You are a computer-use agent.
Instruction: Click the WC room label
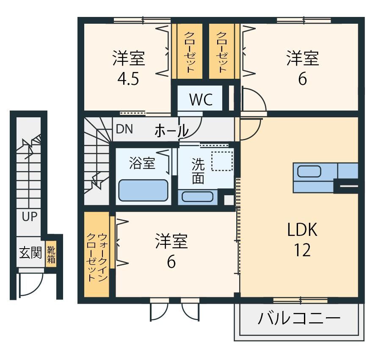(201, 100)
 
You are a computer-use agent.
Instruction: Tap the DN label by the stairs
(124, 129)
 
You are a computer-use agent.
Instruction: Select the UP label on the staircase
(30, 216)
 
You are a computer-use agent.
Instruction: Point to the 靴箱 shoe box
(51, 255)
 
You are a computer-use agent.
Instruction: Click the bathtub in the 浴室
(143, 190)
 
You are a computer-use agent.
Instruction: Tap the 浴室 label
(142, 163)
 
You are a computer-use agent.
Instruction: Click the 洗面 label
(198, 171)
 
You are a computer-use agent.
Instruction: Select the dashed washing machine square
(222, 161)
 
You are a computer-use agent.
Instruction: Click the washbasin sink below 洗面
(197, 197)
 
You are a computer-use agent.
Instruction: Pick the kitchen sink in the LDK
(309, 172)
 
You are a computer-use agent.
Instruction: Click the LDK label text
(302, 230)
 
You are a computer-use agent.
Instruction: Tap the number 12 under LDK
(302, 250)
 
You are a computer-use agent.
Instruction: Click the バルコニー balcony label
(299, 318)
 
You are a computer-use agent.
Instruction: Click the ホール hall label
(171, 130)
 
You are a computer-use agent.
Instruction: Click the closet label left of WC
(190, 52)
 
